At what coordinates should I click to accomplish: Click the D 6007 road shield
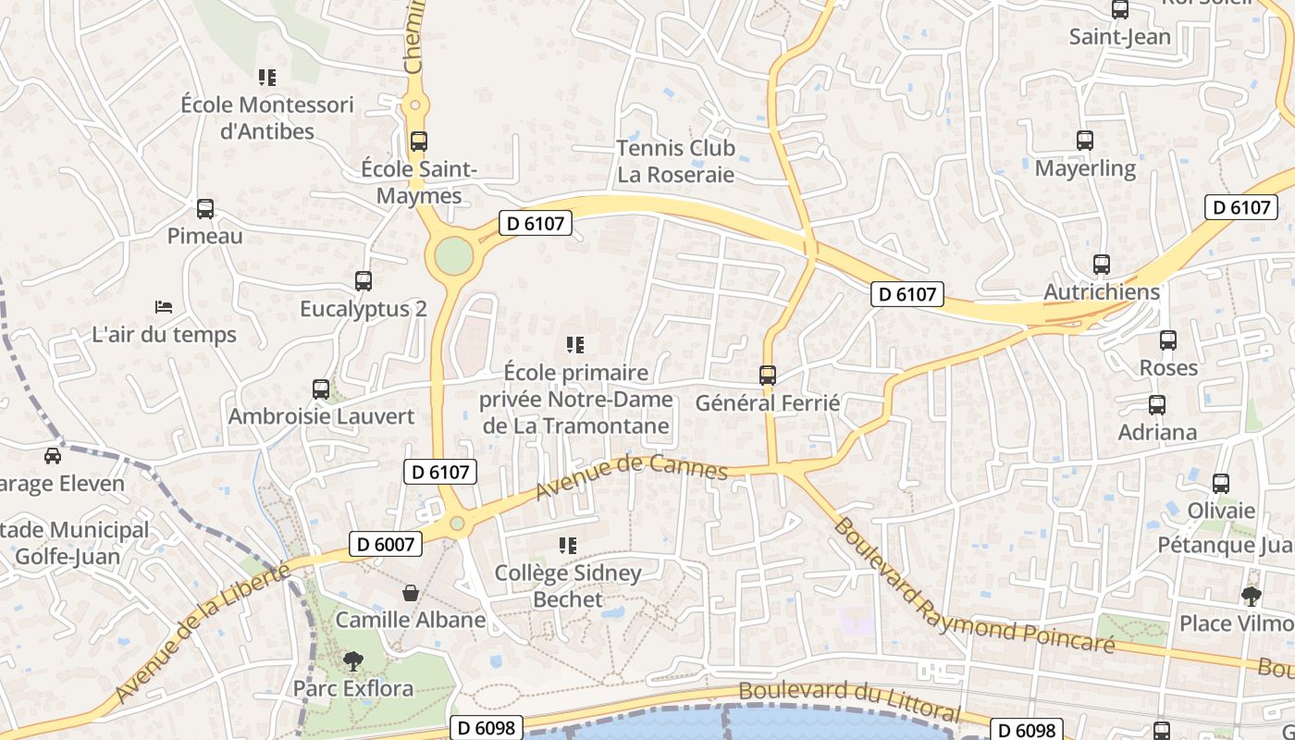[x=386, y=544]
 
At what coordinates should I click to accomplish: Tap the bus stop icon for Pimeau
[x=205, y=209]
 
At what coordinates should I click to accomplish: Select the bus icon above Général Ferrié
[x=767, y=376]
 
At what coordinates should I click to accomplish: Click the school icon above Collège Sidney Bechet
[x=568, y=546]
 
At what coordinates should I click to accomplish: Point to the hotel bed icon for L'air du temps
[x=164, y=306]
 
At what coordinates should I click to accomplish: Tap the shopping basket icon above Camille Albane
[x=410, y=592]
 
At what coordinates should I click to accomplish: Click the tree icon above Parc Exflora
[x=352, y=660]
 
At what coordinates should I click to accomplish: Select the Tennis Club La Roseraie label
[x=675, y=161]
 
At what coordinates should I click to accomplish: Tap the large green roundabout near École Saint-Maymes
[x=453, y=256]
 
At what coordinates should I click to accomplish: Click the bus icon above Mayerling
[x=1085, y=141]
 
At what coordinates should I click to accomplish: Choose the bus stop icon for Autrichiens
[x=1101, y=265]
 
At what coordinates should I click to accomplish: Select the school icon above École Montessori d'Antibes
[x=267, y=78]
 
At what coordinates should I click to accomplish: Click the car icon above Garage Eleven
[x=52, y=455]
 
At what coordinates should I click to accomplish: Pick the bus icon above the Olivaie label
[x=1220, y=483]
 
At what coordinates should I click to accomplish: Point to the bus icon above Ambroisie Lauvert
[x=321, y=388]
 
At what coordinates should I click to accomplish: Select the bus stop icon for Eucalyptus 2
[x=364, y=280]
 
